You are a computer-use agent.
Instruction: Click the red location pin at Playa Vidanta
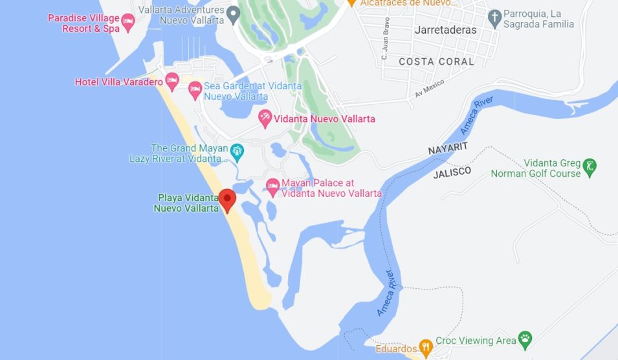coord(226,199)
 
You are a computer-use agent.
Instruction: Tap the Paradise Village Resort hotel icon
coord(128,23)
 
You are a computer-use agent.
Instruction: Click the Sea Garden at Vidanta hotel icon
coord(195,91)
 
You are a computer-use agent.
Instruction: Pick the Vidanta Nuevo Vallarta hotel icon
coord(265,118)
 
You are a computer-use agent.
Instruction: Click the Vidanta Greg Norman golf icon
coord(590,168)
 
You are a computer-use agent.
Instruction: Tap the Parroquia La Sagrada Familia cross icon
coord(495,19)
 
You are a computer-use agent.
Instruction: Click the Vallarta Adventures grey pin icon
coord(234,16)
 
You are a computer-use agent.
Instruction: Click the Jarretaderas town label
coord(445,30)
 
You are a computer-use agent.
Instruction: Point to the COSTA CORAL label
coord(436,62)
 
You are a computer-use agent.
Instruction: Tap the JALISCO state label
coord(452,172)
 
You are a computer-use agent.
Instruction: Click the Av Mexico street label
coord(430,89)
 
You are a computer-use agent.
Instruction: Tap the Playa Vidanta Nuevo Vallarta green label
coord(186,203)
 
